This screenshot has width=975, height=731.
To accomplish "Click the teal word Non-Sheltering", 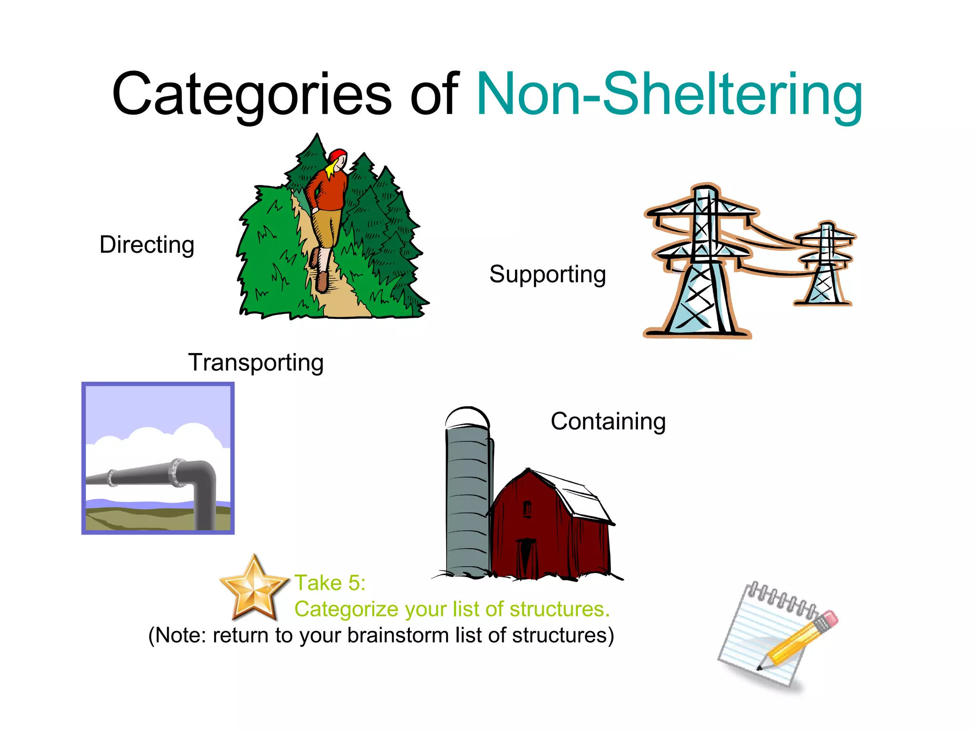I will coord(669,94).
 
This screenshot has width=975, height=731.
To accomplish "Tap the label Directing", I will coord(147,245).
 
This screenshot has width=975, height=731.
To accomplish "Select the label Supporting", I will coord(547,275).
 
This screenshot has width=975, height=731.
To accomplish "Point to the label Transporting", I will coord(256,363).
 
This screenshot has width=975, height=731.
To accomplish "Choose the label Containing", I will coord(608,422).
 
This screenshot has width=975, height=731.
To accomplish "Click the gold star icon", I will coord(254,589).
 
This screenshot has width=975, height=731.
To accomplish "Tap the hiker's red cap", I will coord(338,155).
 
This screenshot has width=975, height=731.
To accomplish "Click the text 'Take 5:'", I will coord(330,583).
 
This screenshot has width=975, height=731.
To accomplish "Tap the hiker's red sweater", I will coord(328,190).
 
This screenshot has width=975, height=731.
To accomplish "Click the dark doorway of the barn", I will coord(525,557).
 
